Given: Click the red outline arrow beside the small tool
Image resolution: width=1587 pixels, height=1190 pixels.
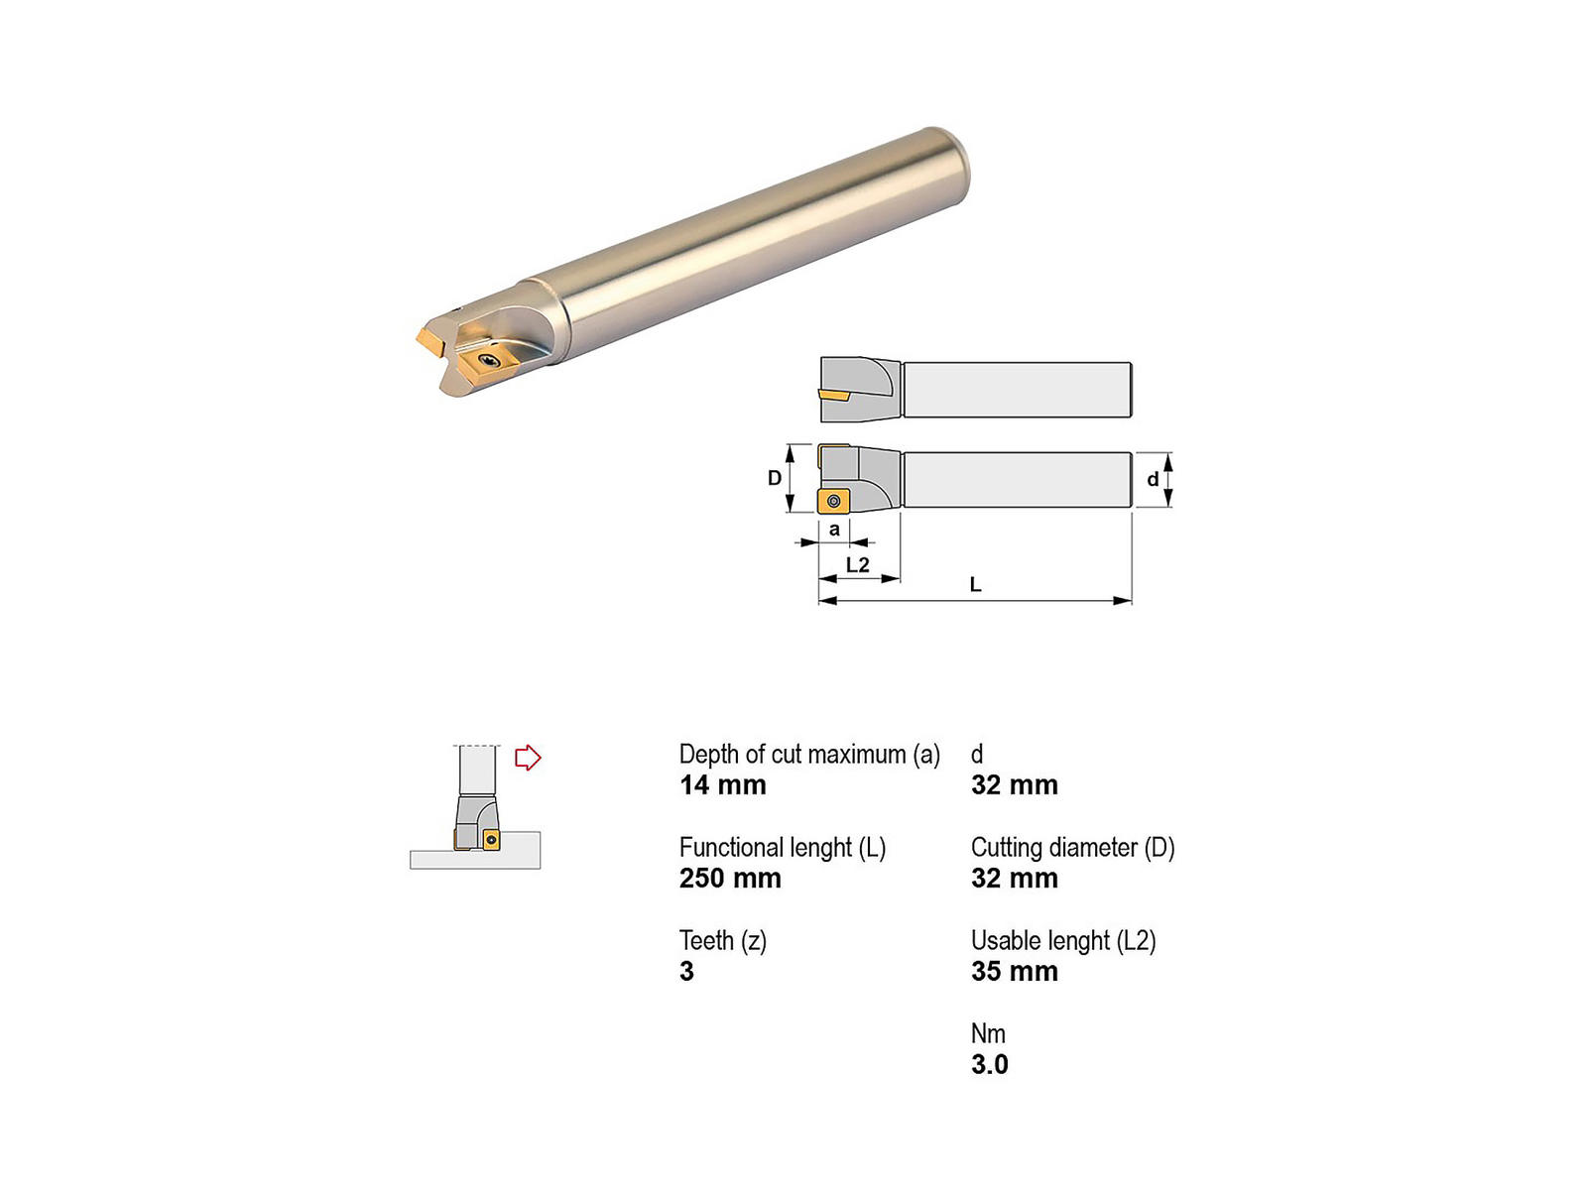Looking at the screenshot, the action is [527, 758].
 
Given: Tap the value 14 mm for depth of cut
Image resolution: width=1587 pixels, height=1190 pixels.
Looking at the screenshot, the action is [722, 784].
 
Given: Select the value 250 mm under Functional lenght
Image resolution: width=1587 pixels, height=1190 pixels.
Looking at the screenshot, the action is [730, 878].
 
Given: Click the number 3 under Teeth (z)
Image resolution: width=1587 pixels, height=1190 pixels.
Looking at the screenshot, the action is [686, 971].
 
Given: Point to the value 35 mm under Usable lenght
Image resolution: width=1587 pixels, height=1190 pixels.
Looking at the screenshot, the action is [1015, 971].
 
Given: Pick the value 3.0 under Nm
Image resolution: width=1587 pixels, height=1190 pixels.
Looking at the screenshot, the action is [989, 1064].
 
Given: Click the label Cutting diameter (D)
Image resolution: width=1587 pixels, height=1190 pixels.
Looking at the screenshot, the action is [1073, 848].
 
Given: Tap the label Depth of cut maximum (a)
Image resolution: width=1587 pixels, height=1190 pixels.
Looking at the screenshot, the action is [809, 755].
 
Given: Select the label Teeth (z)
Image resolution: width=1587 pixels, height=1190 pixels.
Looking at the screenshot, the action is [723, 941].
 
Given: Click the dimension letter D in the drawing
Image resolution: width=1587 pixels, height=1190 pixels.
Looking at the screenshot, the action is [775, 478].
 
